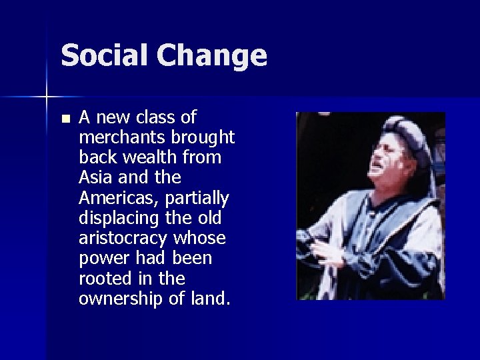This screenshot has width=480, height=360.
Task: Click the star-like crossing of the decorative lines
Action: (x=47, y=97)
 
